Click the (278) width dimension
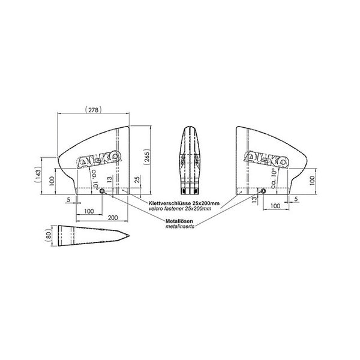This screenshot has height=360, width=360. coord(93,110)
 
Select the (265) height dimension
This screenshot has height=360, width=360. coord(146,157)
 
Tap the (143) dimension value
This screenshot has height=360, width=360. coord(38,175)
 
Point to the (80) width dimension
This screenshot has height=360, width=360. coord(49,236)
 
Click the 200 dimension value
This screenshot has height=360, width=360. coord(113,217)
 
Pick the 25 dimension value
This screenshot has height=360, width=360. coord(137,180)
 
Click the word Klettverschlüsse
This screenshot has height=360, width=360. coord(170,203)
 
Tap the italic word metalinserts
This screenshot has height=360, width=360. coord(180,226)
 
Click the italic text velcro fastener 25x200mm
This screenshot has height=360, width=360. coord(180,209)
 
